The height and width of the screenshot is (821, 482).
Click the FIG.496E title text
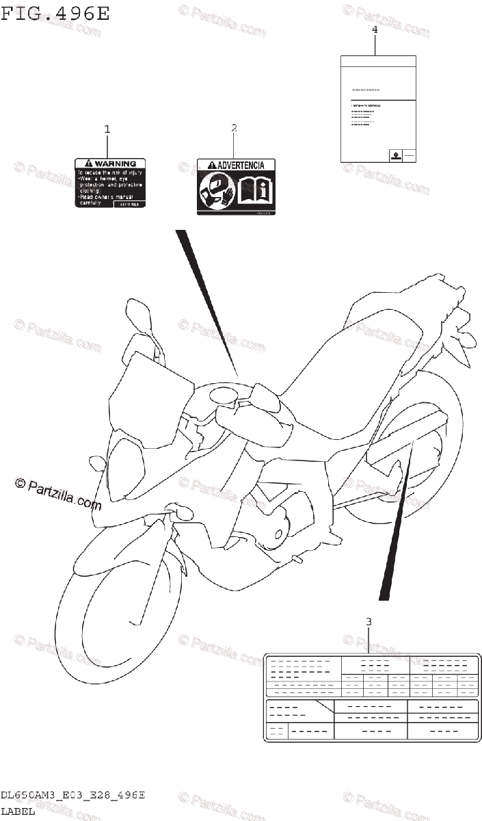(55, 14)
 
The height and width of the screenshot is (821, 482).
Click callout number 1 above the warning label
(107, 129)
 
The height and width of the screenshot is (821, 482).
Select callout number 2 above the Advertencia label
(234, 127)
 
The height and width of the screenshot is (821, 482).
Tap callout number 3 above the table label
(369, 621)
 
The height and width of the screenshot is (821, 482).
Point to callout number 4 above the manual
(375, 29)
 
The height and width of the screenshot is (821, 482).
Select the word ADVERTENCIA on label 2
(241, 166)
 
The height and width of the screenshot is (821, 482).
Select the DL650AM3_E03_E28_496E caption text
(72, 795)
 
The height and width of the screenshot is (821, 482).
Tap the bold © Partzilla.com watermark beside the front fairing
(58, 493)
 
